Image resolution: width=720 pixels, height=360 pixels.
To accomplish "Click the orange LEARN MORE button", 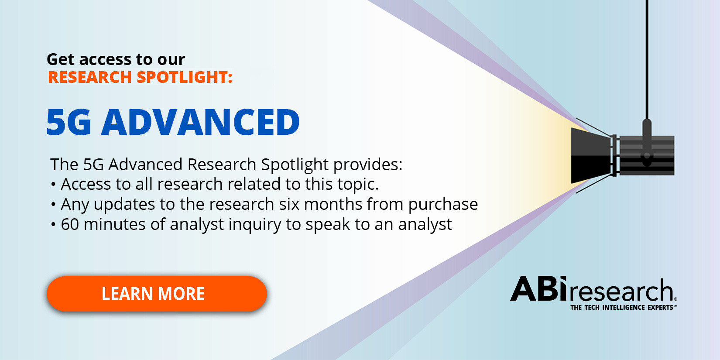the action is pos(157,294).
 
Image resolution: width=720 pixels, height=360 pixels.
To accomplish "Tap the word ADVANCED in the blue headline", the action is pos(201,122).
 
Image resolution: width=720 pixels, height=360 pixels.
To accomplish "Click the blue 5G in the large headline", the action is pos(69,122).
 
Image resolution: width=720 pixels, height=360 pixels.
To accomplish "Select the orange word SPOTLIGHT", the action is pos(185,77).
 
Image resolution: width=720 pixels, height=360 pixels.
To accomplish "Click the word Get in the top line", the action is pos(61,59).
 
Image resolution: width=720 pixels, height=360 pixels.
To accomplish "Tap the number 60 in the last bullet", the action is pos(70,224).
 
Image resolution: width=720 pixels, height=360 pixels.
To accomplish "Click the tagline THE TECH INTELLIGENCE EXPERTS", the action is pos(622,308).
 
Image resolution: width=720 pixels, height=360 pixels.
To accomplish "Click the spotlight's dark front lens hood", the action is pos(590,156).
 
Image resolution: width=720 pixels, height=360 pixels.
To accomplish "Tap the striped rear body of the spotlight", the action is pos(647,156).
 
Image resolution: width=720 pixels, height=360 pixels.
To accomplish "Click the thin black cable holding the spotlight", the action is pos(647,60).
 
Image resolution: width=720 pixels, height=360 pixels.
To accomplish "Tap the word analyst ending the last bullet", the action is pos(425,225).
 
